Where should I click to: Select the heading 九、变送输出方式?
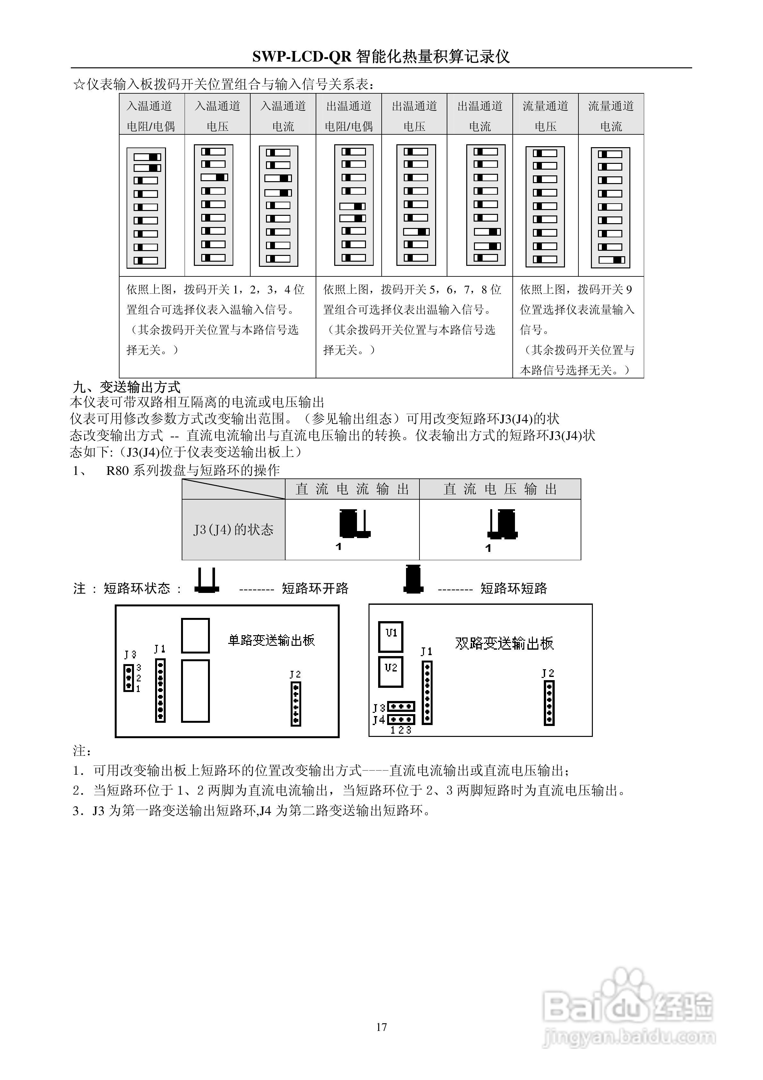point(127,387)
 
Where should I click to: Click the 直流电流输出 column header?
point(352,489)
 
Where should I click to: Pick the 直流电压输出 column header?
point(500,489)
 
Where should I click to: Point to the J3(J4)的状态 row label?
point(233,530)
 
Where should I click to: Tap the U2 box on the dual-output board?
point(391,671)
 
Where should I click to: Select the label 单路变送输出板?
point(271,640)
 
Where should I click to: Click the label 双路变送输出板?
point(504,643)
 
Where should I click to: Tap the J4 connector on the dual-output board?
point(401,720)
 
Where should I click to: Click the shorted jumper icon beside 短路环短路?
point(413,579)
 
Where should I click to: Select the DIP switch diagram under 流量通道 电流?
point(610,207)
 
